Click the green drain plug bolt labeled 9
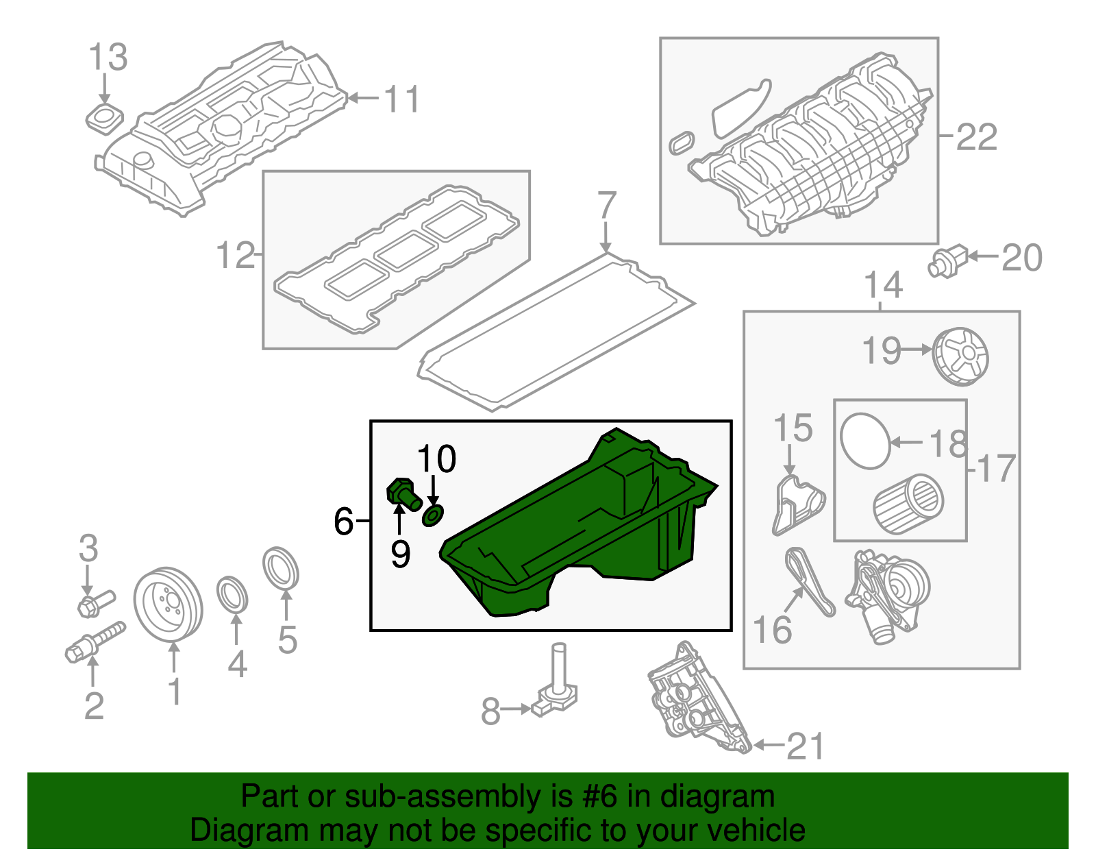click(x=403, y=494)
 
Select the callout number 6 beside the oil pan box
click(x=343, y=522)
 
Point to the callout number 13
click(x=108, y=58)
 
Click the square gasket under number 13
click(x=104, y=117)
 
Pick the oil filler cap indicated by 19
click(x=960, y=356)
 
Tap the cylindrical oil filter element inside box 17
click(x=908, y=504)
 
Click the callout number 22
click(x=976, y=138)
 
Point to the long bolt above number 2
click(x=95, y=641)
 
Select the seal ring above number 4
click(x=233, y=594)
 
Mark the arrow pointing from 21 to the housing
click(x=768, y=745)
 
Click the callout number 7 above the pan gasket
click(x=606, y=206)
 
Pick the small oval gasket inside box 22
click(x=681, y=143)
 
